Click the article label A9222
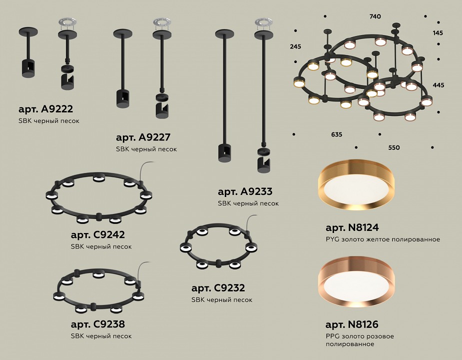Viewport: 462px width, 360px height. tap(45, 109)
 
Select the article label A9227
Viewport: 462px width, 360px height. tap(143, 137)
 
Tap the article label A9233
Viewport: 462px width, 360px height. tap(245, 191)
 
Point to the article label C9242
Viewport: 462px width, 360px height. tap(98, 235)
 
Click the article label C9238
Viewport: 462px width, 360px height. tap(98, 324)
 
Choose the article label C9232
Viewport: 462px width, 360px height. tap(218, 288)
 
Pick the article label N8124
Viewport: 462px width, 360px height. tap(353, 227)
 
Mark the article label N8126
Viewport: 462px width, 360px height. tap(352, 324)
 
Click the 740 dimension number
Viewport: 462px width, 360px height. tap(375, 16)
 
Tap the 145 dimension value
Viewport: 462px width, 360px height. tap(438, 33)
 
